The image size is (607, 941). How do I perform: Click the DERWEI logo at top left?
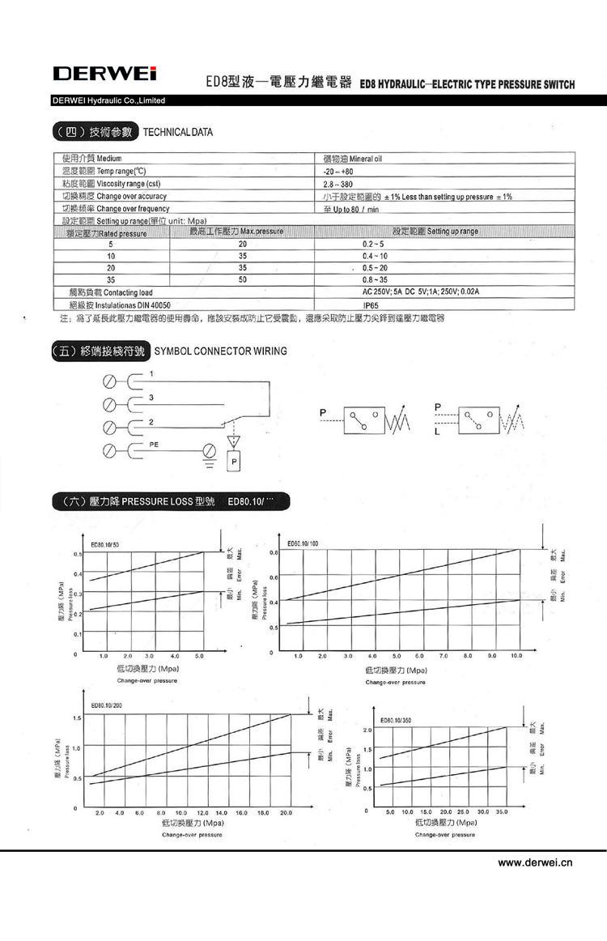104,75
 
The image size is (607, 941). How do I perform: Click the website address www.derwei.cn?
535,863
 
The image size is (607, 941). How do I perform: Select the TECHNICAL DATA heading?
178,132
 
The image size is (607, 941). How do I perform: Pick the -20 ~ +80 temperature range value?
339,172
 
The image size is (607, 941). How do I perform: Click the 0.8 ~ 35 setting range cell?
376,279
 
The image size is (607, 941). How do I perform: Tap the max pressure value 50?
241,279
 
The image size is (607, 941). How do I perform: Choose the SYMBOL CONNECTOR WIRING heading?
219,351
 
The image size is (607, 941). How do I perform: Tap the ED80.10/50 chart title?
104,545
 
